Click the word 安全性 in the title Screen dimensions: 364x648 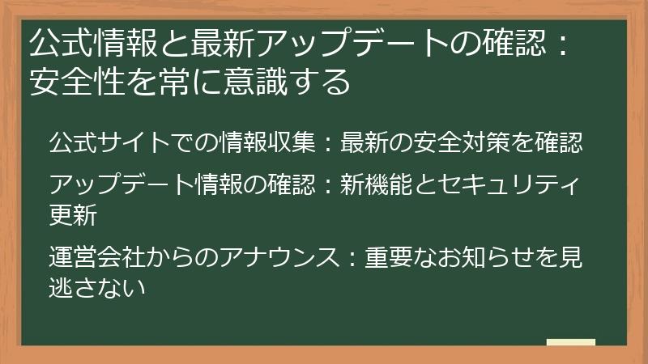pos(79,81)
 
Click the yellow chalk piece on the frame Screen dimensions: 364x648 pos(571,343)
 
